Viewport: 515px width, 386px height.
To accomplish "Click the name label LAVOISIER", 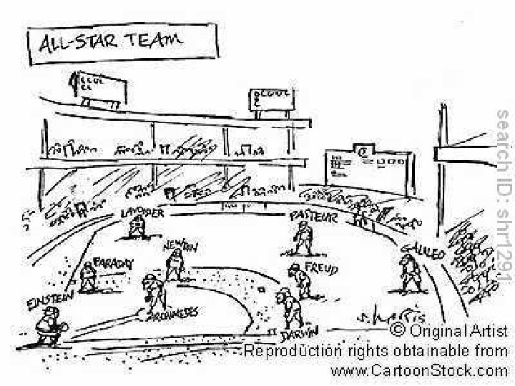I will pyautogui.click(x=143, y=213).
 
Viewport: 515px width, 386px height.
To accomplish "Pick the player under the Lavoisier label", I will pyautogui.click(x=137, y=228).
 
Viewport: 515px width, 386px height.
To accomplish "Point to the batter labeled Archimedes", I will pyautogui.click(x=153, y=289).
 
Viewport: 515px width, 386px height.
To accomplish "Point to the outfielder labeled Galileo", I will pyautogui.click(x=410, y=272).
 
